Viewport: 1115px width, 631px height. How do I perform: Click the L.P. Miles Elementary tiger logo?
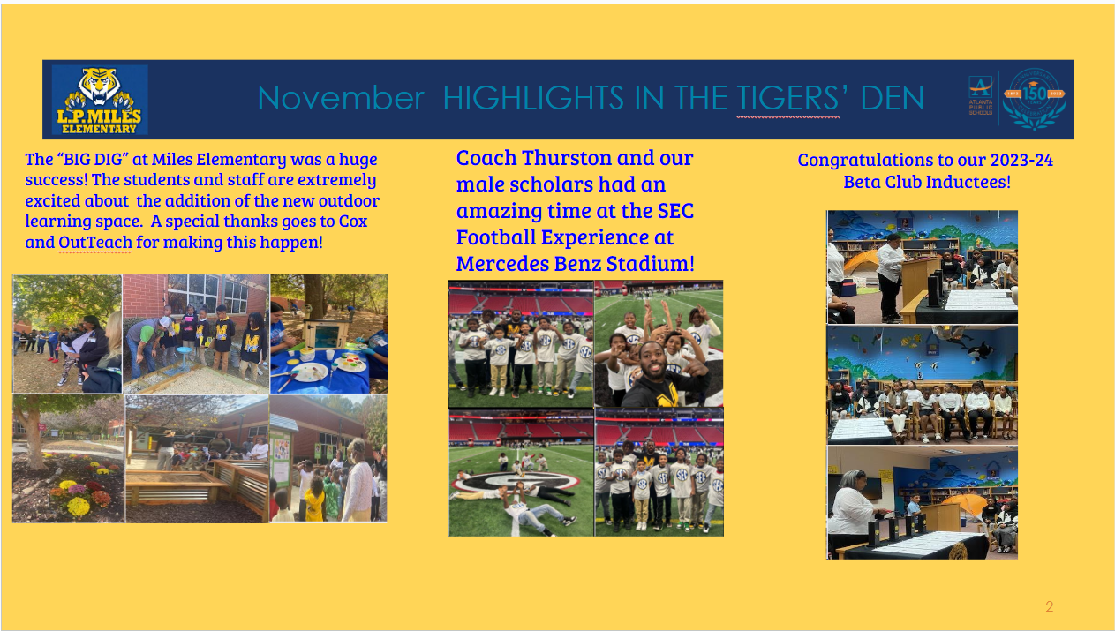[x=100, y=100]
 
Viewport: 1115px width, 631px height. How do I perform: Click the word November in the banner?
[x=341, y=98]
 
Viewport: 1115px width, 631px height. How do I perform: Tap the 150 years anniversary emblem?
[x=1034, y=99]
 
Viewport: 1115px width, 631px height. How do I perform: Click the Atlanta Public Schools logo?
[x=981, y=95]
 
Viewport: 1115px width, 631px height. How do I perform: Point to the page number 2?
[x=1050, y=606]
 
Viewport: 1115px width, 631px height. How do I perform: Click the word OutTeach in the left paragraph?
[x=95, y=243]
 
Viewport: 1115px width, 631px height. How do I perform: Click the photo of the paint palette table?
[x=328, y=334]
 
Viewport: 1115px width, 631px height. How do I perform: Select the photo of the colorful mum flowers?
[x=68, y=459]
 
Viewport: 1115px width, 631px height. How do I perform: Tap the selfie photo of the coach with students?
[x=659, y=344]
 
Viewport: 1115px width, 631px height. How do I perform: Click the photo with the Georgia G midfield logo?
[x=521, y=473]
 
